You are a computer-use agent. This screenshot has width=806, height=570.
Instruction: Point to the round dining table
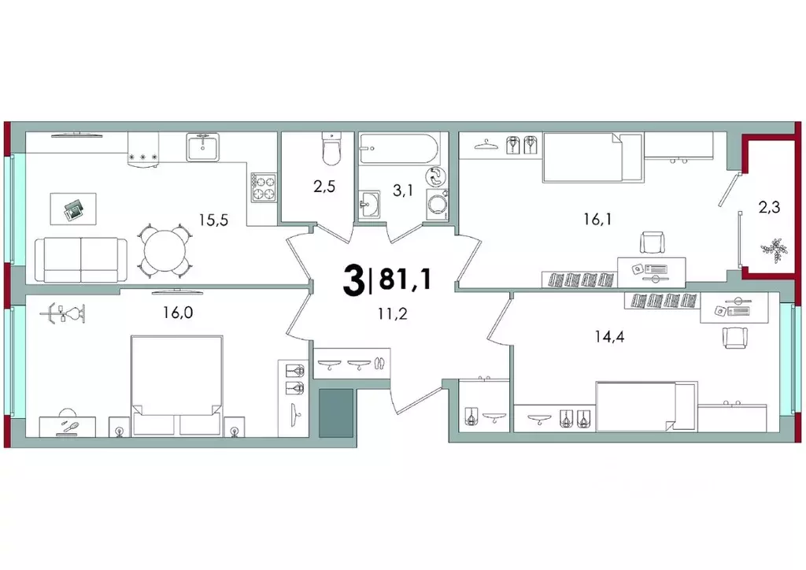166,251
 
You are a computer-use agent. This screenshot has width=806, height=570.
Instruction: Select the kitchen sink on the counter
203,146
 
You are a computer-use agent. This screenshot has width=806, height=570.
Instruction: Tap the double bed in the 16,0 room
175,385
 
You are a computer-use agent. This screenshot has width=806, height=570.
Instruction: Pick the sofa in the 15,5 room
82,259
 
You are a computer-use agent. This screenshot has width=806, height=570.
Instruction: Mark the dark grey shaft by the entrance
336,413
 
